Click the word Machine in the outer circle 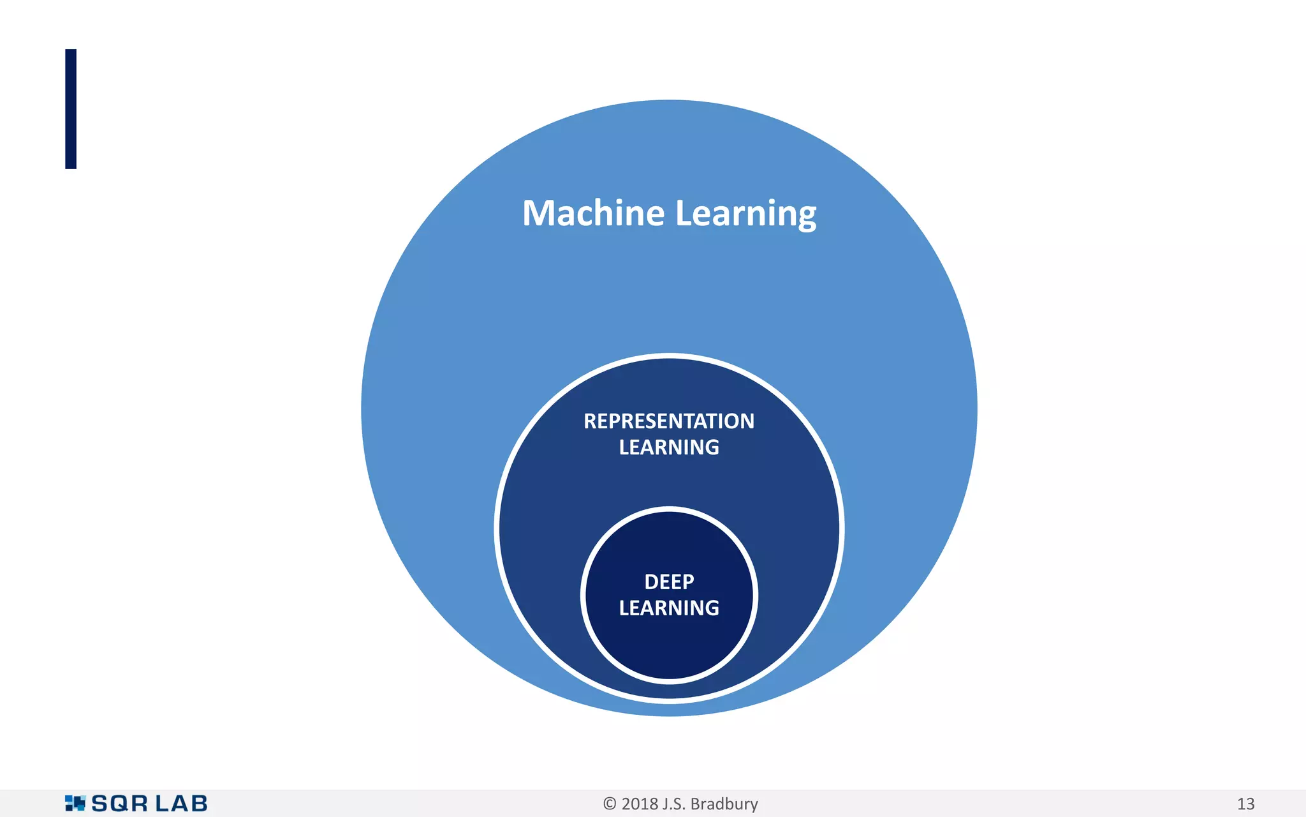coord(593,213)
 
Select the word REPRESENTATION coord(669,421)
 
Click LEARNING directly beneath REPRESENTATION coord(669,447)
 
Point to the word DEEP coord(669,582)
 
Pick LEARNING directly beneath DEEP coord(669,608)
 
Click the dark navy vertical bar coord(71,109)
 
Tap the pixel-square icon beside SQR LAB coord(75,803)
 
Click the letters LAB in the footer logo coord(182,804)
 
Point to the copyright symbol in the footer coord(610,804)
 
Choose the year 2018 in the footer coord(640,804)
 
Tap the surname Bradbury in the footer coord(724,804)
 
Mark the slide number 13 coord(1245,804)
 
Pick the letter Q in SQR coord(121,804)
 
